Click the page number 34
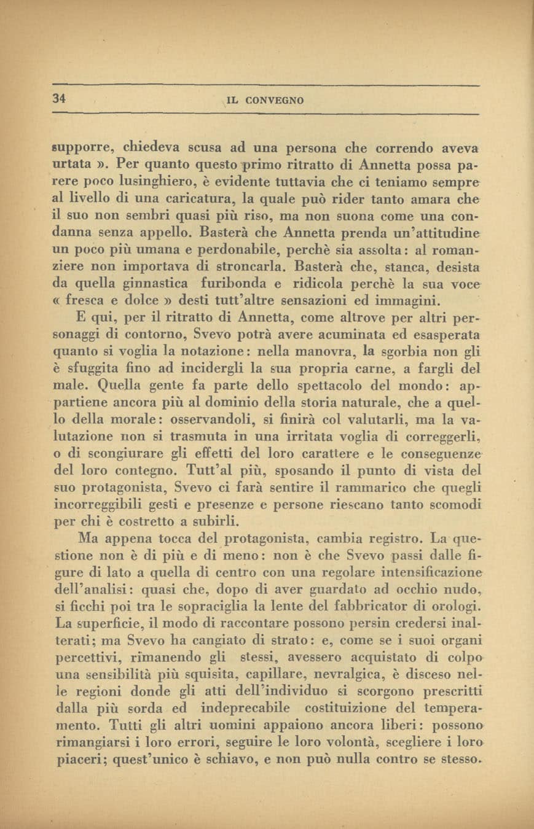pos(59,98)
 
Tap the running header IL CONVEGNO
pos(265,100)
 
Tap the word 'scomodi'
pos(454,505)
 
